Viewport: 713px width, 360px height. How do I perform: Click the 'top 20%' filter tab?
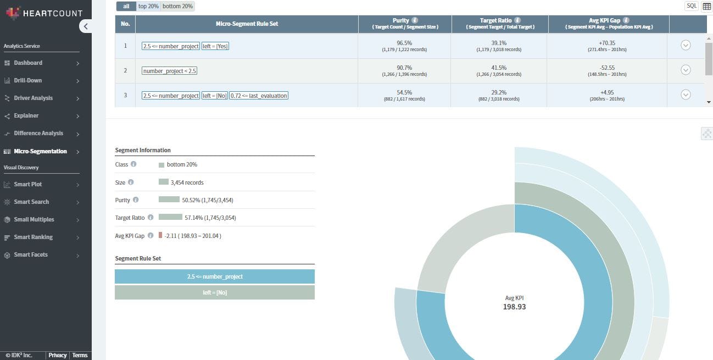tap(148, 6)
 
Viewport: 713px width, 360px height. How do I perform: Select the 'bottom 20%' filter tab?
tap(177, 6)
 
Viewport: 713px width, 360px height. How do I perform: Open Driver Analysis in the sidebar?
tap(34, 98)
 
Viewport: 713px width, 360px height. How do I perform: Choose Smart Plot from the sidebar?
tap(28, 184)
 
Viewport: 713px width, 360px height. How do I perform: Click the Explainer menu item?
tap(26, 115)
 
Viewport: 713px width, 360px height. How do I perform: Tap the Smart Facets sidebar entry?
tap(31, 254)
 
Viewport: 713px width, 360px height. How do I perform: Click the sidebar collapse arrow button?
tap(86, 26)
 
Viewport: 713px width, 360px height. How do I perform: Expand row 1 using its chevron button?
tap(686, 45)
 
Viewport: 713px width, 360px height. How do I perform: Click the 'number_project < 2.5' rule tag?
tap(169, 71)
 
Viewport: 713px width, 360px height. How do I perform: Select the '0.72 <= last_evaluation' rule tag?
tap(259, 96)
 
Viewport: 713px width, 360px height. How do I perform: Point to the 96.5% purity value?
tap(404, 43)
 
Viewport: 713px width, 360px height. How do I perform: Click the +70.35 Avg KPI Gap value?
tap(607, 43)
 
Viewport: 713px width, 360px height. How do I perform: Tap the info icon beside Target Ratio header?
tap(517, 20)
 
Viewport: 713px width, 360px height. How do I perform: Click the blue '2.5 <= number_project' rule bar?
tap(215, 276)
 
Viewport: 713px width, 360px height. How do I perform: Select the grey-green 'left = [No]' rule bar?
tap(215, 292)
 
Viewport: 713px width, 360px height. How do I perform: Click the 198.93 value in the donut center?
tap(514, 307)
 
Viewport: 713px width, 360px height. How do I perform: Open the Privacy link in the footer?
tap(57, 355)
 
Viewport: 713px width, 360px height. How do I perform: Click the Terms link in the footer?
tap(80, 355)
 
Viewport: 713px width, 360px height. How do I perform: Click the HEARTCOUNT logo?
tap(44, 13)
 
